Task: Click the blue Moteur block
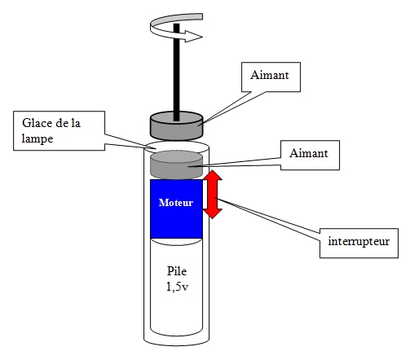177,209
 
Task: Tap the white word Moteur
176,203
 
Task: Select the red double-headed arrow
213,195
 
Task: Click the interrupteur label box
359,244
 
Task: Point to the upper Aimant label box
271,77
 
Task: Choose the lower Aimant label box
310,155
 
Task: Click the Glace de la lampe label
59,130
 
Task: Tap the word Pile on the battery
177,271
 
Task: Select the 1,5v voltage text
177,287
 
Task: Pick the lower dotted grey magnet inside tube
177,165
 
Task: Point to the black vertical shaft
177,72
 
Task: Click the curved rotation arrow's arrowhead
193,37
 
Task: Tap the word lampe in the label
37,139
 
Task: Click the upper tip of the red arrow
214,171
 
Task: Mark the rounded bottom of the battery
177,333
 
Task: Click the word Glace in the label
33,123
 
